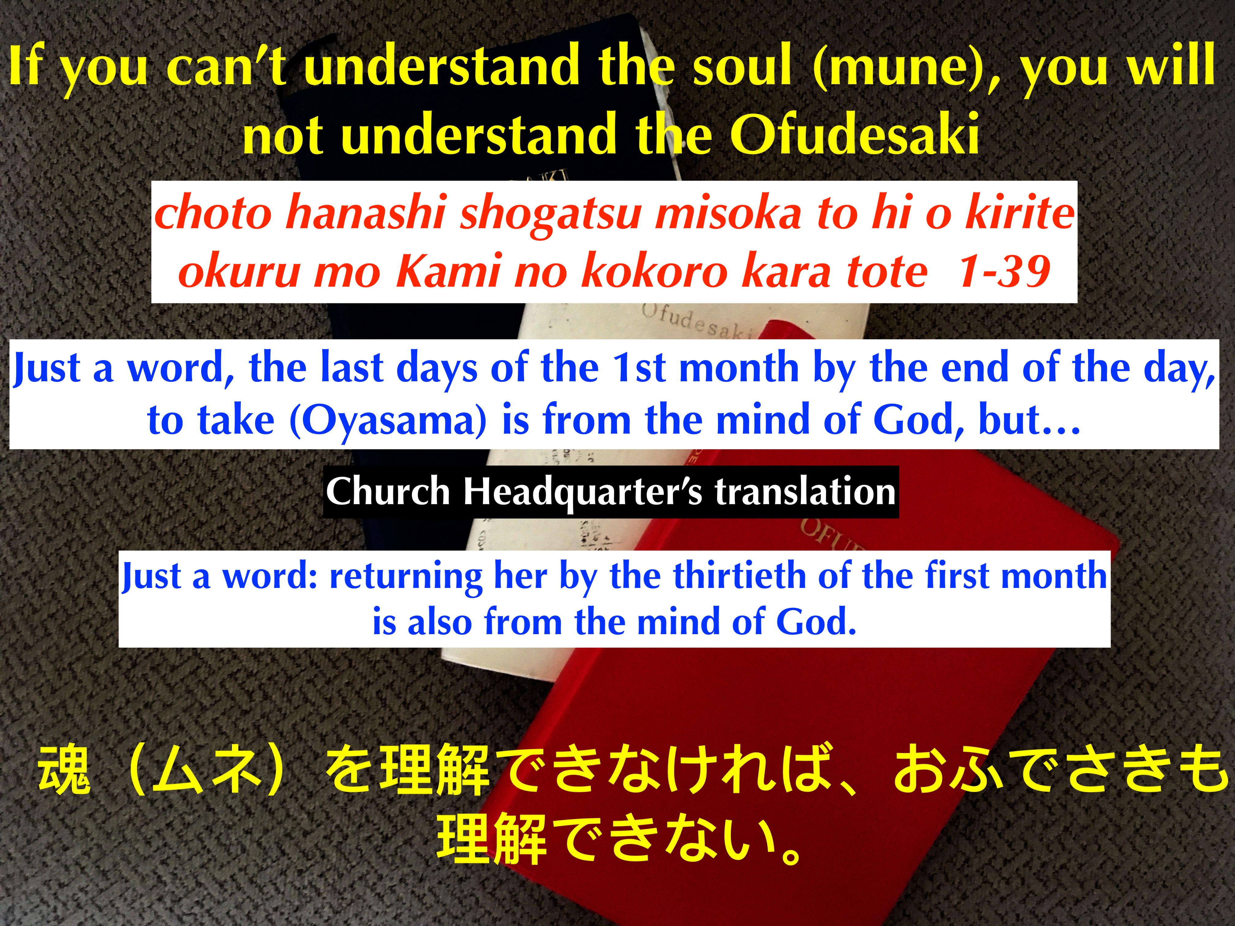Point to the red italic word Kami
pos(449,272)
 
